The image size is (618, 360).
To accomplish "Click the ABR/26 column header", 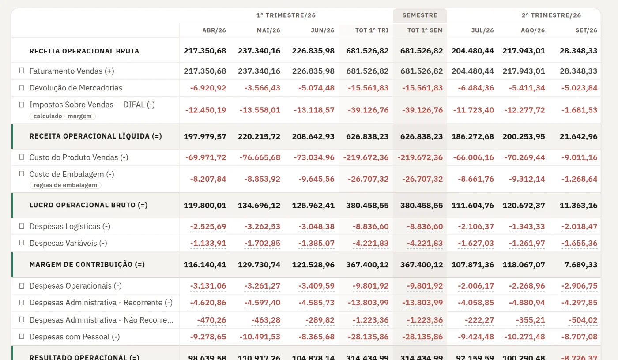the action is point(214,30).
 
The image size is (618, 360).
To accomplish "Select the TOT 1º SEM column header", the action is point(425,30).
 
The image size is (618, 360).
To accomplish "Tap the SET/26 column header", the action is point(586,30).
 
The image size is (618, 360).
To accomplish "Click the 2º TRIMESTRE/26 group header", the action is point(551,15).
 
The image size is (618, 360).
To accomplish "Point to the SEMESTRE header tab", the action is point(420,15).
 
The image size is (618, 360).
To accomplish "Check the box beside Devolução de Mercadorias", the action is point(22,88).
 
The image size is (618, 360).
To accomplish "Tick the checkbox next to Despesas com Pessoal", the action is point(22,336).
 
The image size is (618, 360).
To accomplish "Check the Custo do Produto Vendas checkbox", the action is point(22,157).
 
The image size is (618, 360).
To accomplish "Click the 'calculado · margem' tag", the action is point(62,116).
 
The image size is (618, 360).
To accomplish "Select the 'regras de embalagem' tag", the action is point(65,185).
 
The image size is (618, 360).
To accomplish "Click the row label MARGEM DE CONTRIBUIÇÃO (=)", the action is point(87,264).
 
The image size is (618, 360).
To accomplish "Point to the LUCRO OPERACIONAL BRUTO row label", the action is point(89,205).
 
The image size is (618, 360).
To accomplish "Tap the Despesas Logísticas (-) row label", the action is point(70,226).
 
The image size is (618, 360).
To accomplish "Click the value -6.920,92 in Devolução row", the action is point(208,88).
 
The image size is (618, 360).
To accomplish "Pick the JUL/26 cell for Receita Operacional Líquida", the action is point(473,136).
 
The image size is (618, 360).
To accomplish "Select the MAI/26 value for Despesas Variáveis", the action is point(262,243).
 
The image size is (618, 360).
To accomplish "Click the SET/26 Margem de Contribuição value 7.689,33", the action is point(581,265).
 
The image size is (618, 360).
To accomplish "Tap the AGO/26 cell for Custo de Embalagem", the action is point(527,179).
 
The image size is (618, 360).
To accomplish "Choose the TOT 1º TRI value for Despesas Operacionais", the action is point(370,286).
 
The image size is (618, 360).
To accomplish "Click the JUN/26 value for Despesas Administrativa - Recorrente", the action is point(317,303).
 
